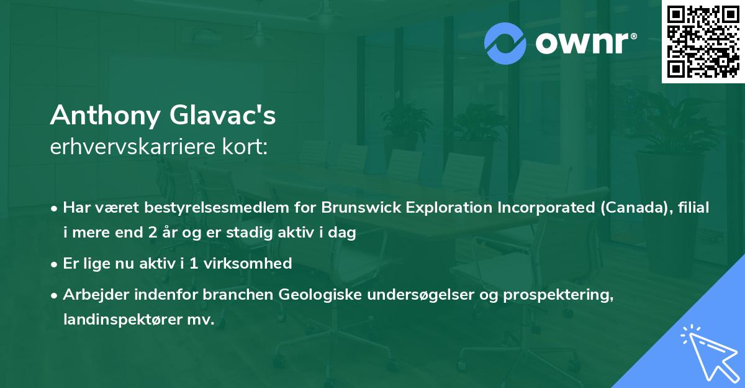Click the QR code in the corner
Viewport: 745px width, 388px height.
coord(703,42)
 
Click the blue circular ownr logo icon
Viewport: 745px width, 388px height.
coord(505,43)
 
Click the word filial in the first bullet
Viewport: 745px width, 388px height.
coord(692,207)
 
